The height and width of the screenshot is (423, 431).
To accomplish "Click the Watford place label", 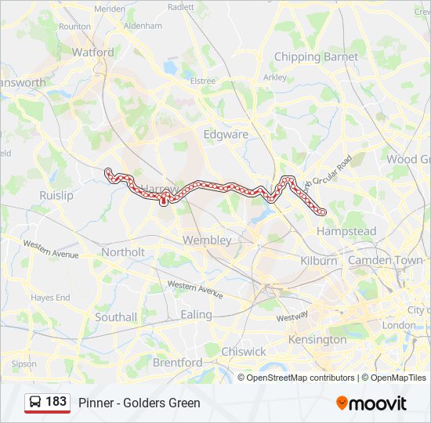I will [x=92, y=52].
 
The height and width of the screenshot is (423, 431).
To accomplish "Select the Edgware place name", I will [x=226, y=134].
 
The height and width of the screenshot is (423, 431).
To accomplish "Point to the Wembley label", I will [x=207, y=240].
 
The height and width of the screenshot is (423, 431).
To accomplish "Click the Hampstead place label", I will [x=346, y=231].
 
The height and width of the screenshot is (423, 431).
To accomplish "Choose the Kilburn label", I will [x=318, y=260].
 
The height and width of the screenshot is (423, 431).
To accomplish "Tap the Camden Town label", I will [x=385, y=260].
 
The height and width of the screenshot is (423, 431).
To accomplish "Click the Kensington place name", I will [x=317, y=340].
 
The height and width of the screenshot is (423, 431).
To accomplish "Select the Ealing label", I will [x=196, y=314].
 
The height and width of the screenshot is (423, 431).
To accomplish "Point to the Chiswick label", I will [x=244, y=352].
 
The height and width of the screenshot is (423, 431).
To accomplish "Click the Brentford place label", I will [x=177, y=363].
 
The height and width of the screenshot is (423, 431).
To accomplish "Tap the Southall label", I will [x=116, y=317].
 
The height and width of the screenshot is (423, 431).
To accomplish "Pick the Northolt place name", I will [x=123, y=252].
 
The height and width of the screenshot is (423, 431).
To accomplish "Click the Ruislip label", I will [x=56, y=195].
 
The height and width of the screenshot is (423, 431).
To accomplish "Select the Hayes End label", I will [x=51, y=298].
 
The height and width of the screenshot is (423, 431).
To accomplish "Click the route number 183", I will [x=56, y=402].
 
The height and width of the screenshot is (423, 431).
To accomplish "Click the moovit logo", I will [x=371, y=403].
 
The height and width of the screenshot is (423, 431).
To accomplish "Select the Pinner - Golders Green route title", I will [x=139, y=403].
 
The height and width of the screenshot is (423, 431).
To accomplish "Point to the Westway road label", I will [x=292, y=318].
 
